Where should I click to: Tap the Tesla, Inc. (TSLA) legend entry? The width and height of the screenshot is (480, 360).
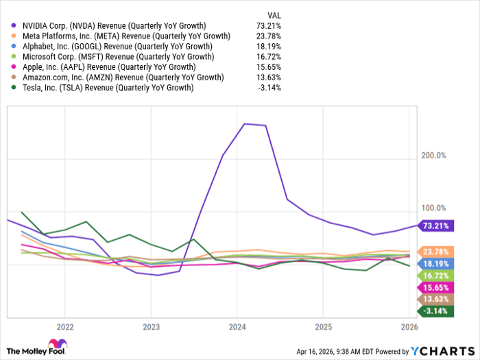(103, 87)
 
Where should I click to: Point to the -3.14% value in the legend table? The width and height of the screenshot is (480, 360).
(268, 87)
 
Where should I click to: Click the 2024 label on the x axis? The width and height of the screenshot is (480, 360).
(237, 326)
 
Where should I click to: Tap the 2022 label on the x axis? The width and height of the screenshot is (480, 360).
(65, 326)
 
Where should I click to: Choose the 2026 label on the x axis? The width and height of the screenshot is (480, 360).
(409, 326)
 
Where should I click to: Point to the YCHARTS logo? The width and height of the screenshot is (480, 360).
(440, 351)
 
